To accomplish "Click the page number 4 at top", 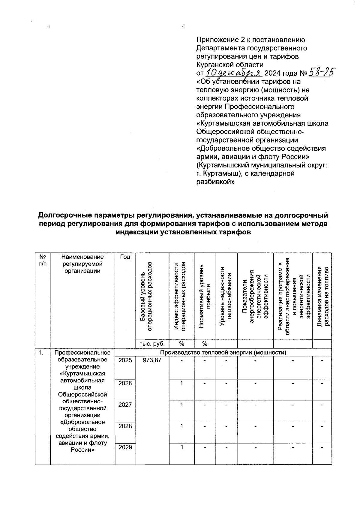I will pos(183,26).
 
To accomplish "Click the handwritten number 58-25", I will pos(322,72).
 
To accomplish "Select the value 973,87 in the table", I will pos(152,360).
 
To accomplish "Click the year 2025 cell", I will pos(125,360).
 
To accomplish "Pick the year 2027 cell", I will pos(125,405).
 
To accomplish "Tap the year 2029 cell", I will pos(125,447).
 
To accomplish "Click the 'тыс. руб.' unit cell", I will pos(152,344).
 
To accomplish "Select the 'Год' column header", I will pos(125,257).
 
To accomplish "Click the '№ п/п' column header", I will pos(43,260).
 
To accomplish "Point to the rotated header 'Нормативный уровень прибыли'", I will pos(205,297).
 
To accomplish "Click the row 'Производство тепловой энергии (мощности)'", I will pos(223,352).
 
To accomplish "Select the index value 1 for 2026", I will pos(181,383).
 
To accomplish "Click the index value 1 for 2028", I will pos(181,426).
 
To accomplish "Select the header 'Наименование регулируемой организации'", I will pos(82,264).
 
